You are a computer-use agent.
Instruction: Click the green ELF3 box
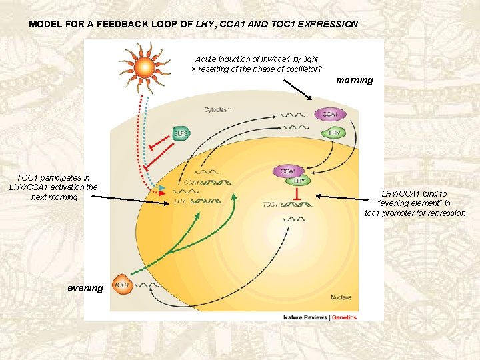(181, 133)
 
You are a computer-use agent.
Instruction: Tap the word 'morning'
(355, 81)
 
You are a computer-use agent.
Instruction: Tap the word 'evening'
(85, 288)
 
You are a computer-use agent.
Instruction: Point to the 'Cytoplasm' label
(218, 109)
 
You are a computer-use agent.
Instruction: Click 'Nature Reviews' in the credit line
(305, 317)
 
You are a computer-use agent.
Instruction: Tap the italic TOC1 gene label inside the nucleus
(271, 205)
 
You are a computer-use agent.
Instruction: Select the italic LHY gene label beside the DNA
(180, 201)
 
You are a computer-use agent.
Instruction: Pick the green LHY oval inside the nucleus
(299, 181)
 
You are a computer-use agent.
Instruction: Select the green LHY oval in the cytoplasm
(335, 133)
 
